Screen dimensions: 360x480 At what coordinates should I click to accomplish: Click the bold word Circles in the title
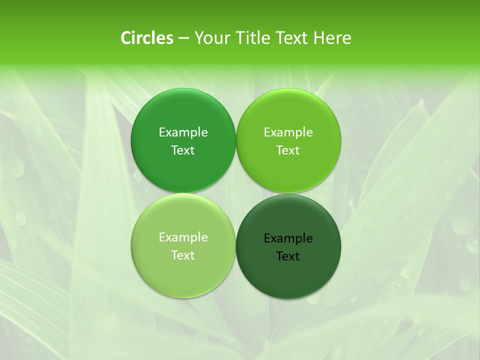(147, 38)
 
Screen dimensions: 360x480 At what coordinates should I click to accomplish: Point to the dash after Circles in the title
(183, 38)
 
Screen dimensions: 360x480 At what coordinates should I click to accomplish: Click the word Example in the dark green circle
(288, 238)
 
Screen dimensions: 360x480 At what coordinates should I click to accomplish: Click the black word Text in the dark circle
(288, 256)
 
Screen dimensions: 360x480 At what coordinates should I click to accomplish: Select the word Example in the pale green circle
(183, 237)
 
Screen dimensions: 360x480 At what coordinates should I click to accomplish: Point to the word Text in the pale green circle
(183, 255)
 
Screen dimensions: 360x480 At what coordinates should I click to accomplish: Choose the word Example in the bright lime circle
(288, 132)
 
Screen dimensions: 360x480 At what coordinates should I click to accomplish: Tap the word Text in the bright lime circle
(288, 150)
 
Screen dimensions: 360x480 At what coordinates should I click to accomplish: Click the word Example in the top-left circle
(183, 132)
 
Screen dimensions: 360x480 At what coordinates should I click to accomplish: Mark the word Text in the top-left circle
(183, 150)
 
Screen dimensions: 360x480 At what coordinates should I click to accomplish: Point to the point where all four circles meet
(236, 193)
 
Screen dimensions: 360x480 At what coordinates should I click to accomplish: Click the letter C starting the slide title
(126, 38)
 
